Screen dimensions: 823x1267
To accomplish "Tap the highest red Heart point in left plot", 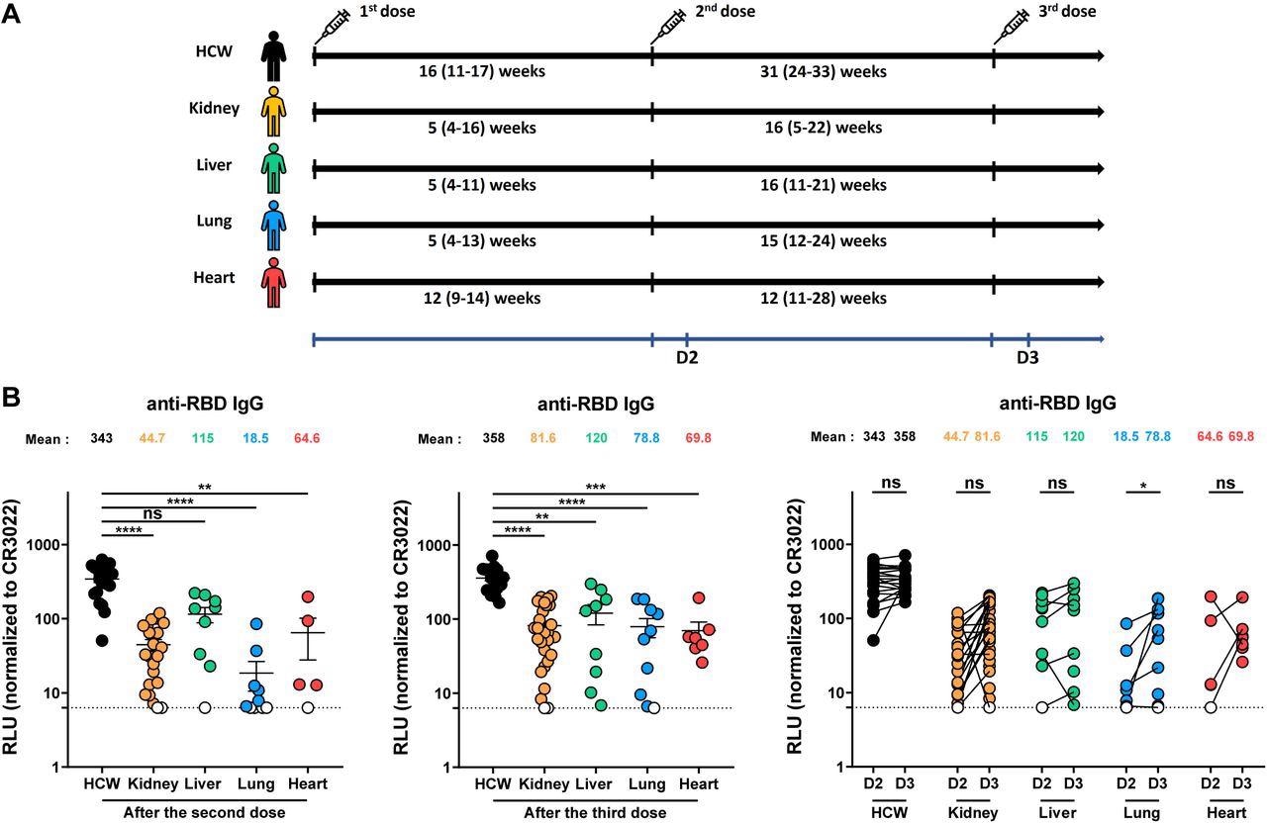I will [x=308, y=597].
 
